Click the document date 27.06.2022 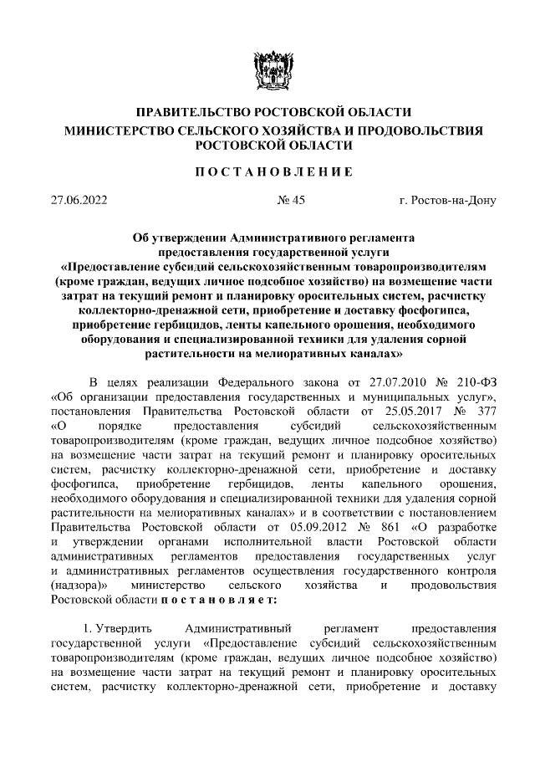(x=79, y=200)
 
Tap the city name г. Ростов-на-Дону (x=448, y=200)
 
